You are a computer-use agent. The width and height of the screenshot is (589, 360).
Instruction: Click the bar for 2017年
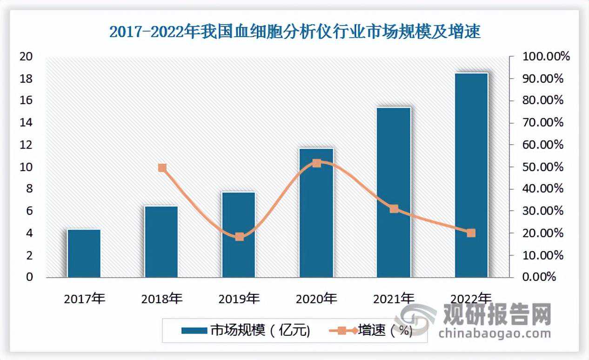pos(84,253)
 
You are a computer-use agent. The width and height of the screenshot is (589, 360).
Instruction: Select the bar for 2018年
pos(161,242)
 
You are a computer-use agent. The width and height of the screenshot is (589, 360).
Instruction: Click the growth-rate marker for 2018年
pos(162,168)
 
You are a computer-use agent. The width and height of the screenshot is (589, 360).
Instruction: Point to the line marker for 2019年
pos(239,237)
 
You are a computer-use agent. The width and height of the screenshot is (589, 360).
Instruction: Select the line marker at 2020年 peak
pos(316,163)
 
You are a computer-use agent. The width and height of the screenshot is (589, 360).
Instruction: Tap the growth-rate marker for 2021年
pos(394,209)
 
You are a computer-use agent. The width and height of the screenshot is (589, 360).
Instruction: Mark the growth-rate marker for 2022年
pos(471,233)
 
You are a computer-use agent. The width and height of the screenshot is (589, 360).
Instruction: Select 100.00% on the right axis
pos(546,57)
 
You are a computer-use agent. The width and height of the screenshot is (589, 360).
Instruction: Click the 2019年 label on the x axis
pos(239,298)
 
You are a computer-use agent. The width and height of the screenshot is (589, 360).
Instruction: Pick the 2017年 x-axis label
pos(85,298)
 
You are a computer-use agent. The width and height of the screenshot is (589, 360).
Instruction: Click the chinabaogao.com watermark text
pos(494,333)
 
